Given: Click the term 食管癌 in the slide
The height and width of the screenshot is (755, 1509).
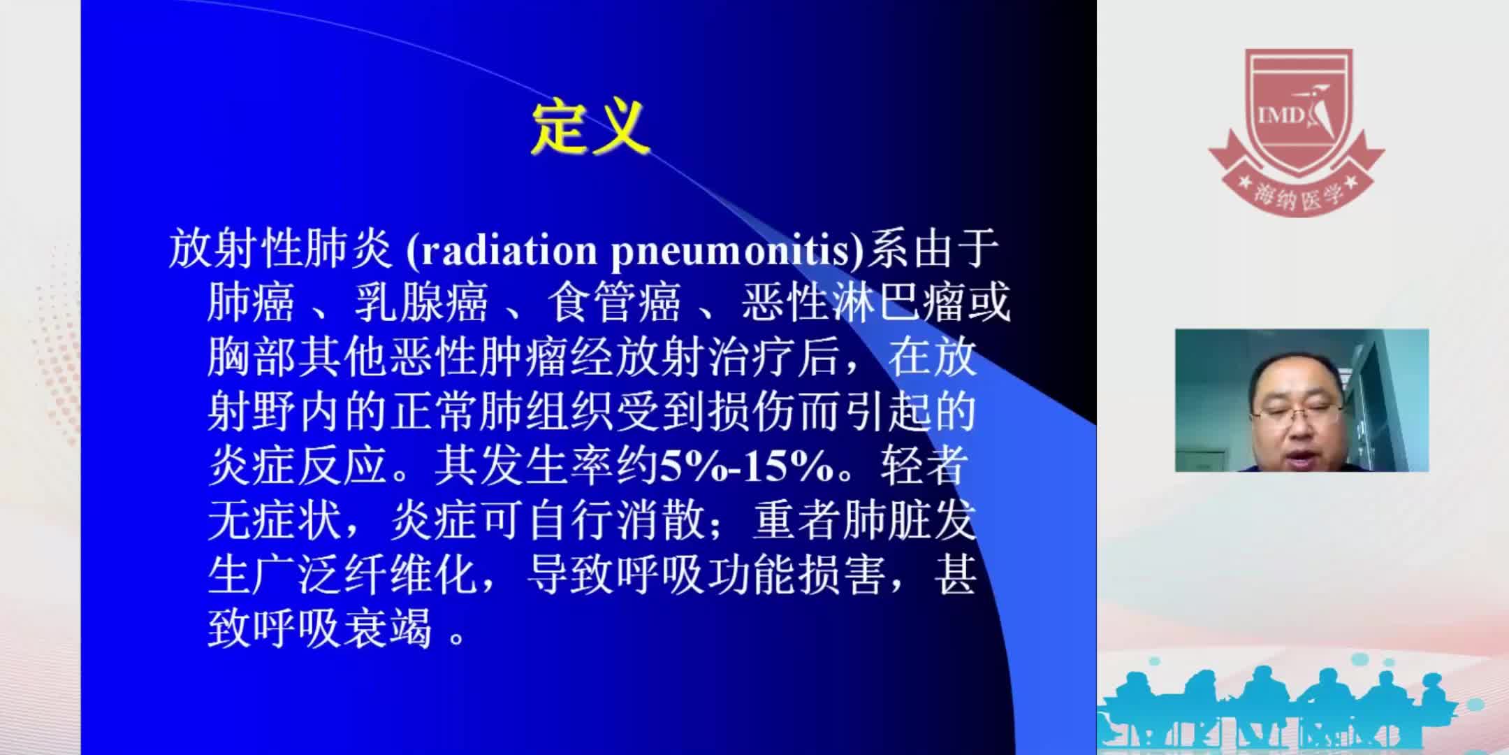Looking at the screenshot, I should (613, 304).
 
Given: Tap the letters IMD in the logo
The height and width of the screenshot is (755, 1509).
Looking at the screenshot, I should (1281, 115).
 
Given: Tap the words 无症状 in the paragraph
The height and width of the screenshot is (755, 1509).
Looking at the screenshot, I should (275, 522).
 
